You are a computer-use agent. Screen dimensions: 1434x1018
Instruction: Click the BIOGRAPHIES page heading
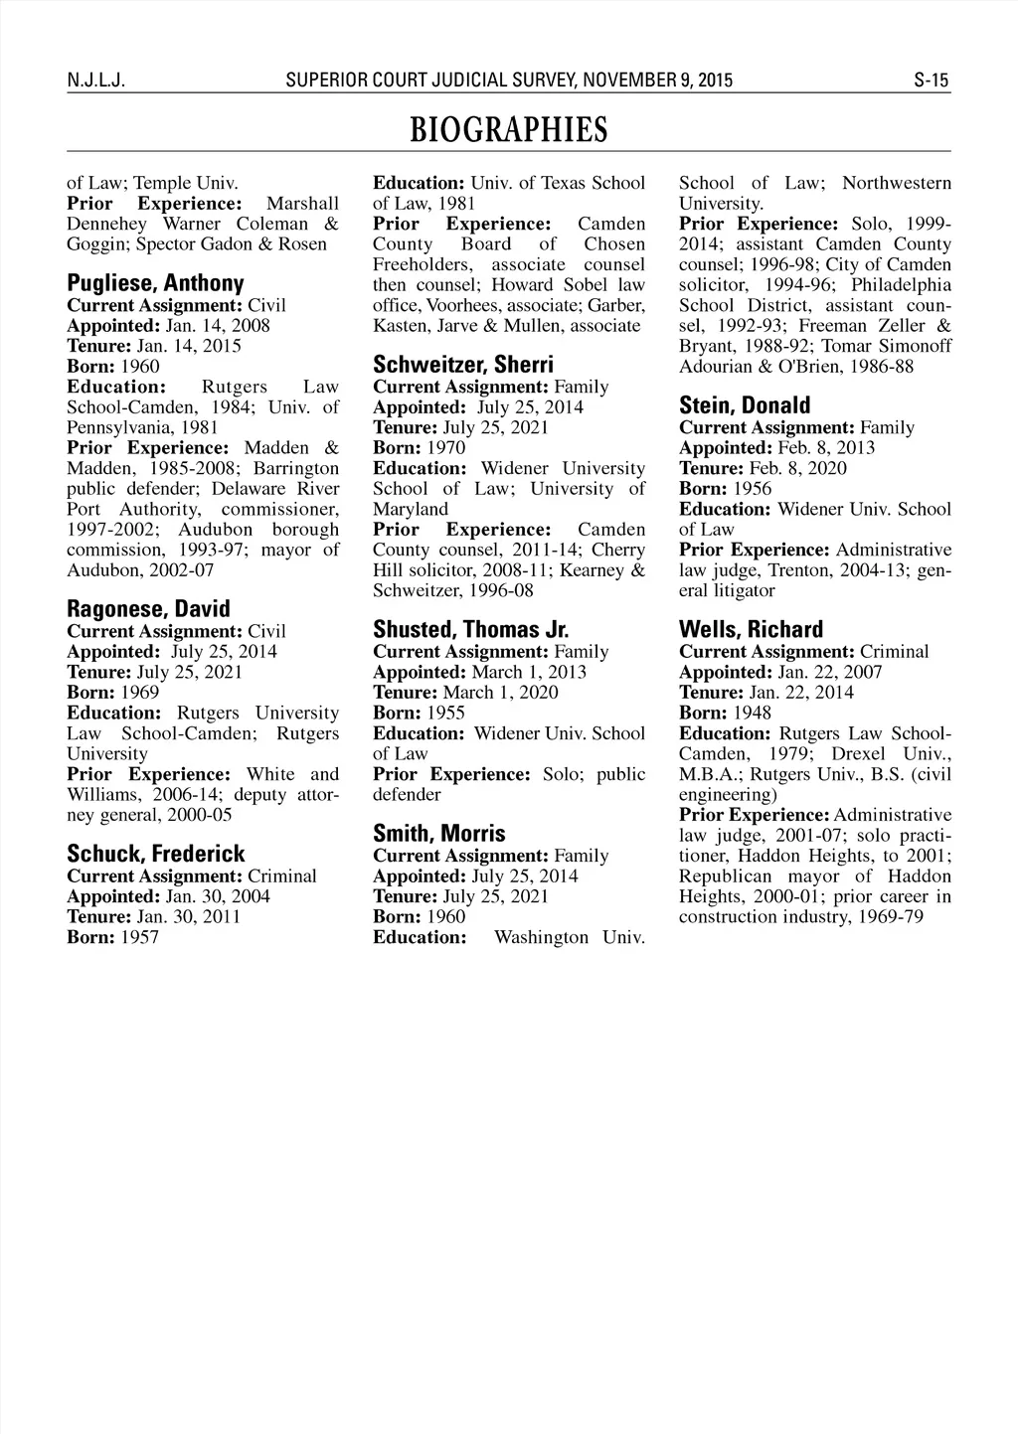coord(508,130)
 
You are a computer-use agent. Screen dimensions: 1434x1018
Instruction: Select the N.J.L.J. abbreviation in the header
coord(93,80)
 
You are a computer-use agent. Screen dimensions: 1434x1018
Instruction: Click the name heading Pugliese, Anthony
coord(155,283)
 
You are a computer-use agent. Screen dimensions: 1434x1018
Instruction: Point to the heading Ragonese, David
coord(148,609)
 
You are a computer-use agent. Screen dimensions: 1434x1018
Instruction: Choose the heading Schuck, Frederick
coord(155,854)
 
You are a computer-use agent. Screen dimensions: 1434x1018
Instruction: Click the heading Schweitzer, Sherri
coord(463,365)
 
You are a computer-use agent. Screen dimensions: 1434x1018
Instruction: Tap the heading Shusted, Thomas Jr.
coord(470,629)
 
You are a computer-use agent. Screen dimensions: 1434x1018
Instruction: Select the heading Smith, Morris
coord(438,833)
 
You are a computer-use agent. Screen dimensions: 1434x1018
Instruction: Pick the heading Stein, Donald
coord(745,405)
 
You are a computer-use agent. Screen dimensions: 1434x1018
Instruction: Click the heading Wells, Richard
coord(751,629)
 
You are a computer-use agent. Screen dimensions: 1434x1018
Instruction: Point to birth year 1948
coord(752,713)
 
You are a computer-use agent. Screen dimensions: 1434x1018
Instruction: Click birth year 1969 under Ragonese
coord(140,692)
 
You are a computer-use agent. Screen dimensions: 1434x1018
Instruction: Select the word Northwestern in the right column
coord(897,183)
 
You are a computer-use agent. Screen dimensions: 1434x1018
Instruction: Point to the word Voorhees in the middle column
coord(460,305)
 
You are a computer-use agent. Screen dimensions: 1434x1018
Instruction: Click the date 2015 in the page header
coord(714,80)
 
